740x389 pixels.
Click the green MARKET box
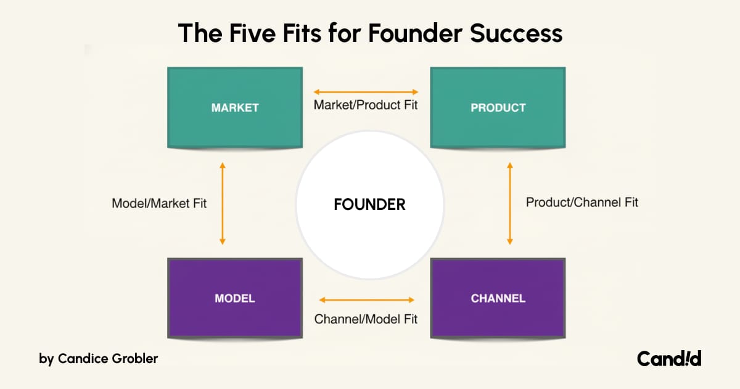235,107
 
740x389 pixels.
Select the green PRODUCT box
498,107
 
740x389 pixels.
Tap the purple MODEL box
235,298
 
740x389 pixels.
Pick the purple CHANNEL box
498,298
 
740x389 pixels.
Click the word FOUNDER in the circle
369,204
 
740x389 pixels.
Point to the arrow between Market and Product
366,92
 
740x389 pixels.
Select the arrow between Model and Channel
367,300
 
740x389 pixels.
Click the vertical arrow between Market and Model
223,203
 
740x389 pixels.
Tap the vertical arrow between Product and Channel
510,203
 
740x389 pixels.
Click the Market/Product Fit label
366,105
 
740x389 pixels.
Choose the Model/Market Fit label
159,203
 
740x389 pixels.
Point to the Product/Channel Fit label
582,203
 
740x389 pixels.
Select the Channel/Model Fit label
366,319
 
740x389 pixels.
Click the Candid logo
669,359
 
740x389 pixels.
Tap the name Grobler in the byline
135,359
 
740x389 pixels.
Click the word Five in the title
252,33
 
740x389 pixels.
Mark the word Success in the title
516,34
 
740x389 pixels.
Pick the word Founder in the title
415,33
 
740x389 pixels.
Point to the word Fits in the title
302,33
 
